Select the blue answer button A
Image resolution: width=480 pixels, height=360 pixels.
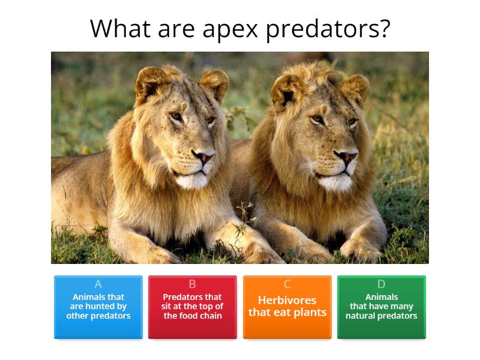point(98,307)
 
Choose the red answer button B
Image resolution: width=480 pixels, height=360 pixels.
point(193,307)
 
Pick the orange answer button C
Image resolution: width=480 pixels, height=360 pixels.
point(287,307)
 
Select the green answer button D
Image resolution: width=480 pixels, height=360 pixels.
point(382,307)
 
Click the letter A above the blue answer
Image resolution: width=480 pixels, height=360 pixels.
point(98,284)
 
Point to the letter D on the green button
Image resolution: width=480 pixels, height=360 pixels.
point(382,284)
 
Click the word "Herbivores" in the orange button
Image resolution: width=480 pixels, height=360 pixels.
point(287,300)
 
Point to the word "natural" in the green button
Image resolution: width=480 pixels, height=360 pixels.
point(362,316)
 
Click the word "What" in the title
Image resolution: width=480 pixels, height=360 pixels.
point(116,29)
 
